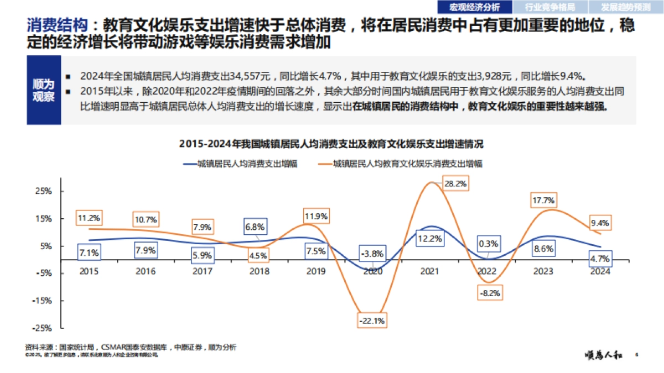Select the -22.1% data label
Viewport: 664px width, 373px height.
point(372,320)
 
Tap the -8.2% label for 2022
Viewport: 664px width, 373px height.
point(490,293)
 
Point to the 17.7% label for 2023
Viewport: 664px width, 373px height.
point(543,201)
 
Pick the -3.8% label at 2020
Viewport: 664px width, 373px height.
point(372,254)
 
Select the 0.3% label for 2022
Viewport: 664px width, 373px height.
point(490,244)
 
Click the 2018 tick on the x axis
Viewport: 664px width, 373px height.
point(259,271)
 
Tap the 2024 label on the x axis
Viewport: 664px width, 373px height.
point(600,271)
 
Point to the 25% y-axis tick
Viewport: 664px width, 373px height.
point(44,191)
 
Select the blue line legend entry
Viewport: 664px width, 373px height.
point(239,164)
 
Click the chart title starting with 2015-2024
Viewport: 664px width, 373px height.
point(331,144)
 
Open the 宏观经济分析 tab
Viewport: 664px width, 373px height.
point(474,7)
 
